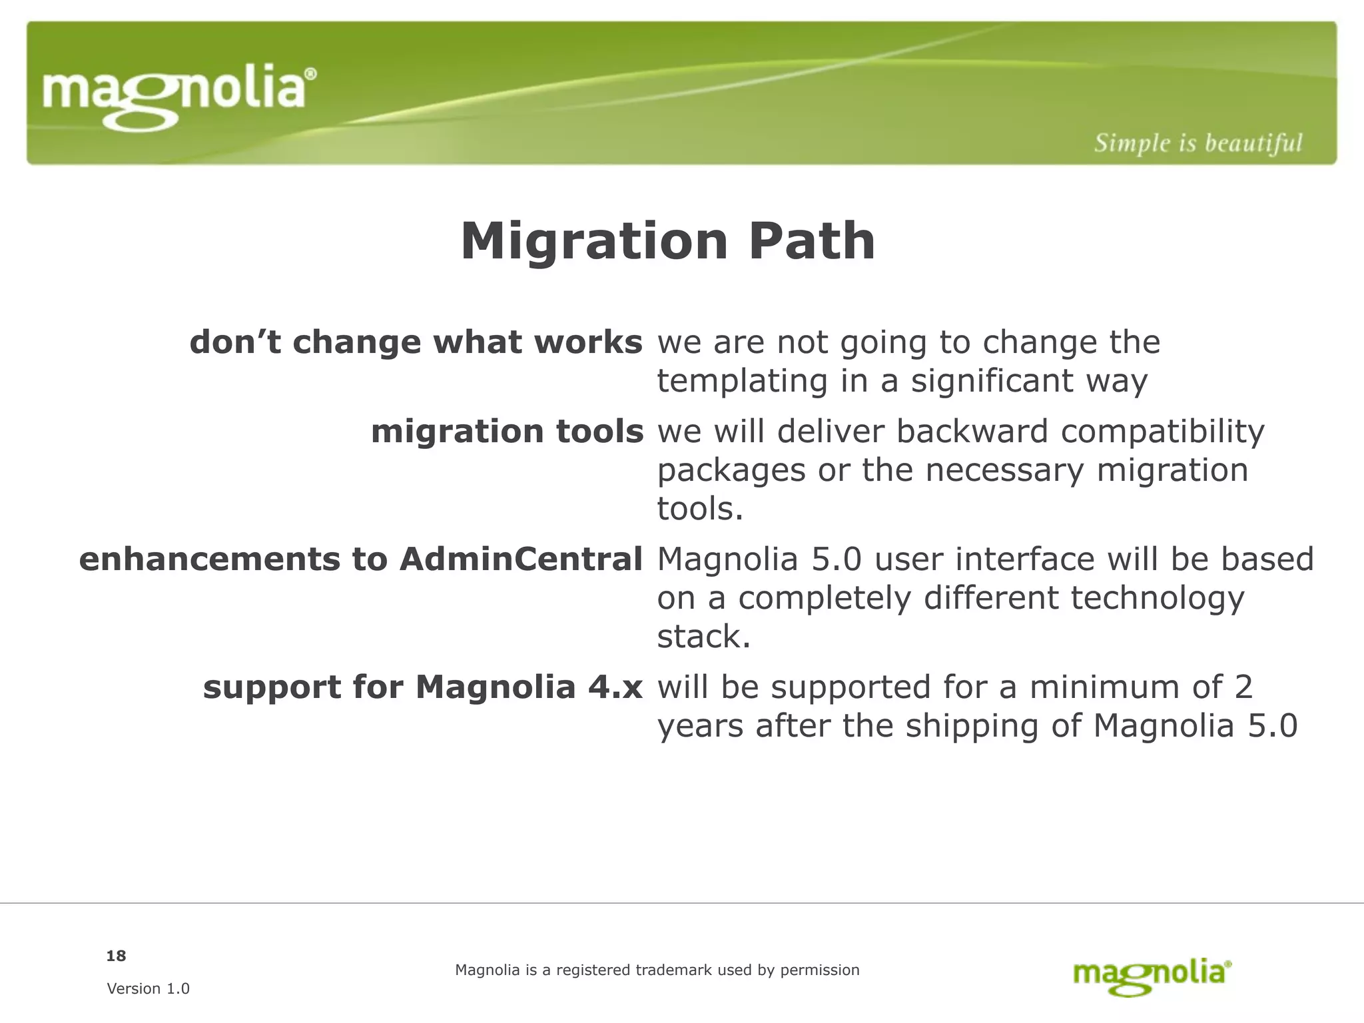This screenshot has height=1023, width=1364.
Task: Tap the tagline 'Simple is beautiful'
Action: [x=1197, y=143]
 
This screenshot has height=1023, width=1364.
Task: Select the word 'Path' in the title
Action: [x=811, y=241]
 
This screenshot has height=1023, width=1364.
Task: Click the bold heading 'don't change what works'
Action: [x=416, y=342]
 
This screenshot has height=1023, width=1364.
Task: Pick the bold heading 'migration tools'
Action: [x=507, y=431]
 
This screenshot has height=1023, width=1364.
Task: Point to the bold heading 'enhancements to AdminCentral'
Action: [x=360, y=559]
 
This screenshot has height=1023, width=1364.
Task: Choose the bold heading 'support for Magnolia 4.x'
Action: [x=422, y=687]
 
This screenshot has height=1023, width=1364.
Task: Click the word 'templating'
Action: [x=742, y=382]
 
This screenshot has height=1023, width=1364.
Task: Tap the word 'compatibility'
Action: [x=1162, y=432]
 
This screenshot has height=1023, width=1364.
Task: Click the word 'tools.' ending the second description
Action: [x=699, y=510]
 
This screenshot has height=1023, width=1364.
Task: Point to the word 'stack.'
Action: [x=703, y=637]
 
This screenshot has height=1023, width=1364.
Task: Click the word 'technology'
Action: [x=1157, y=598]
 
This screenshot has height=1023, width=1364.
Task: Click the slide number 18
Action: [x=116, y=956]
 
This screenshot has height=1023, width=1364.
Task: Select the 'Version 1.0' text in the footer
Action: [x=148, y=988]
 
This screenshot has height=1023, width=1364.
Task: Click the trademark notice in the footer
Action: [x=657, y=970]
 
